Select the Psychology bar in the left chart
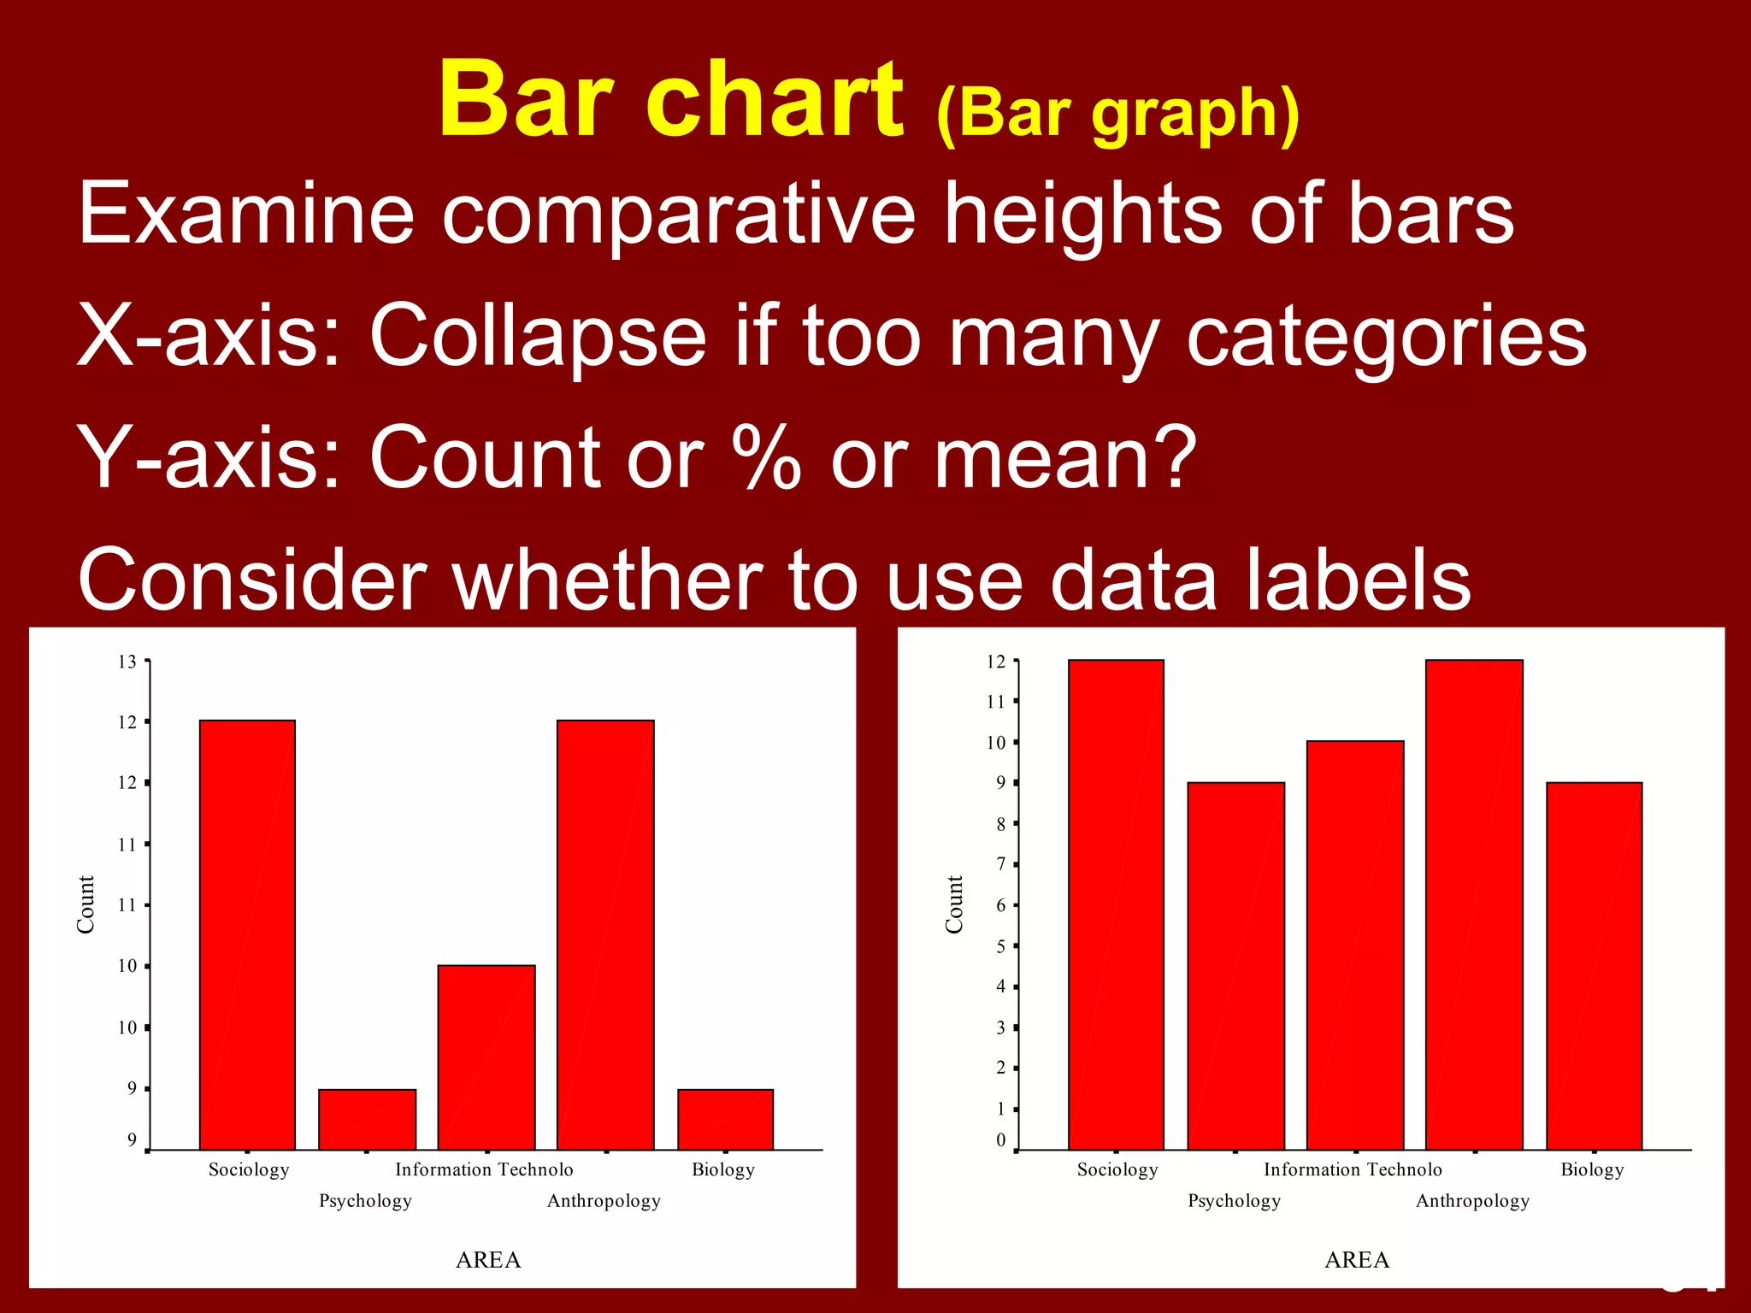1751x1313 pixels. click(367, 1119)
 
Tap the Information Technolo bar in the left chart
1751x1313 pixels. click(486, 1057)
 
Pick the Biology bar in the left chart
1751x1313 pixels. click(725, 1119)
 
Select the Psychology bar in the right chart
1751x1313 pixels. click(1235, 966)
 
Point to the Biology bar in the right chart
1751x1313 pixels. click(1594, 966)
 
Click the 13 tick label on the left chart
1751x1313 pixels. click(127, 662)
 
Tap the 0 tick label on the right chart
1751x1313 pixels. click(1000, 1140)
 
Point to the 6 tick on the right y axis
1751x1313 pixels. click(1000, 905)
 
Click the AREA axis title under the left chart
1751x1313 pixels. click(488, 1260)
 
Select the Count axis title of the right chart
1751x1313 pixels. click(954, 904)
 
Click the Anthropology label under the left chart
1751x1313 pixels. click(604, 1201)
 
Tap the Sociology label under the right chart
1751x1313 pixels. click(1117, 1169)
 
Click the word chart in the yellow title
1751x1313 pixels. click(774, 101)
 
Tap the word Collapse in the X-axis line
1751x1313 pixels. click(538, 337)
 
